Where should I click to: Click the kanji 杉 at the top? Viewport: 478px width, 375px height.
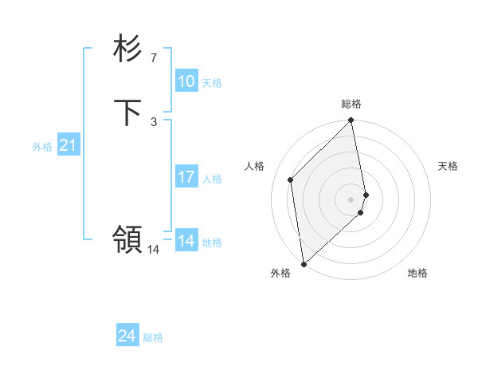(x=127, y=49)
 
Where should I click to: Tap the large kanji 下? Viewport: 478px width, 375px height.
(x=127, y=112)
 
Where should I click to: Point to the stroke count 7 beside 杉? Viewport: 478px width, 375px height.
(x=153, y=57)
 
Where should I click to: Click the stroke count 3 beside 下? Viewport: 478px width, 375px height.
(x=153, y=121)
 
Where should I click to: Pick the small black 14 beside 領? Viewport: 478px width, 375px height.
(x=154, y=249)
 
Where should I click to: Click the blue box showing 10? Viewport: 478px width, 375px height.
(x=186, y=81)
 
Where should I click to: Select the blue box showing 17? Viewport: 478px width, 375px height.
(x=186, y=177)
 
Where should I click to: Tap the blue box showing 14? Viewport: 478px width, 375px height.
(x=186, y=241)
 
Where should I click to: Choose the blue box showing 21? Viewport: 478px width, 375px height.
(x=68, y=145)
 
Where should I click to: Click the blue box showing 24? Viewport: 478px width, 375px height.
(x=127, y=336)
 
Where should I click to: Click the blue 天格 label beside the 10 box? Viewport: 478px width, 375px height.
(x=212, y=83)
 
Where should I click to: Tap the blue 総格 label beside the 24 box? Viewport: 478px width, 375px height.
(x=153, y=337)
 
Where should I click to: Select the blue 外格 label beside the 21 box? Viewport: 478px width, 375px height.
(x=42, y=147)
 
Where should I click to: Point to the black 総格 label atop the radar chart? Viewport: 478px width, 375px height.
(x=351, y=104)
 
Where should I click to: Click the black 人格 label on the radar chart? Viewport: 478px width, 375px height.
(x=255, y=166)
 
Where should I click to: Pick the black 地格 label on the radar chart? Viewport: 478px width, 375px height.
(x=417, y=273)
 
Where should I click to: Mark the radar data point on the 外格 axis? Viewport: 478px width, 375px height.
(x=304, y=264)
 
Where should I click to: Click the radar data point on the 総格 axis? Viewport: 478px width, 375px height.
(x=351, y=121)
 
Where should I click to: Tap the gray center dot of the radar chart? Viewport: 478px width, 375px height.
(x=351, y=199)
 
